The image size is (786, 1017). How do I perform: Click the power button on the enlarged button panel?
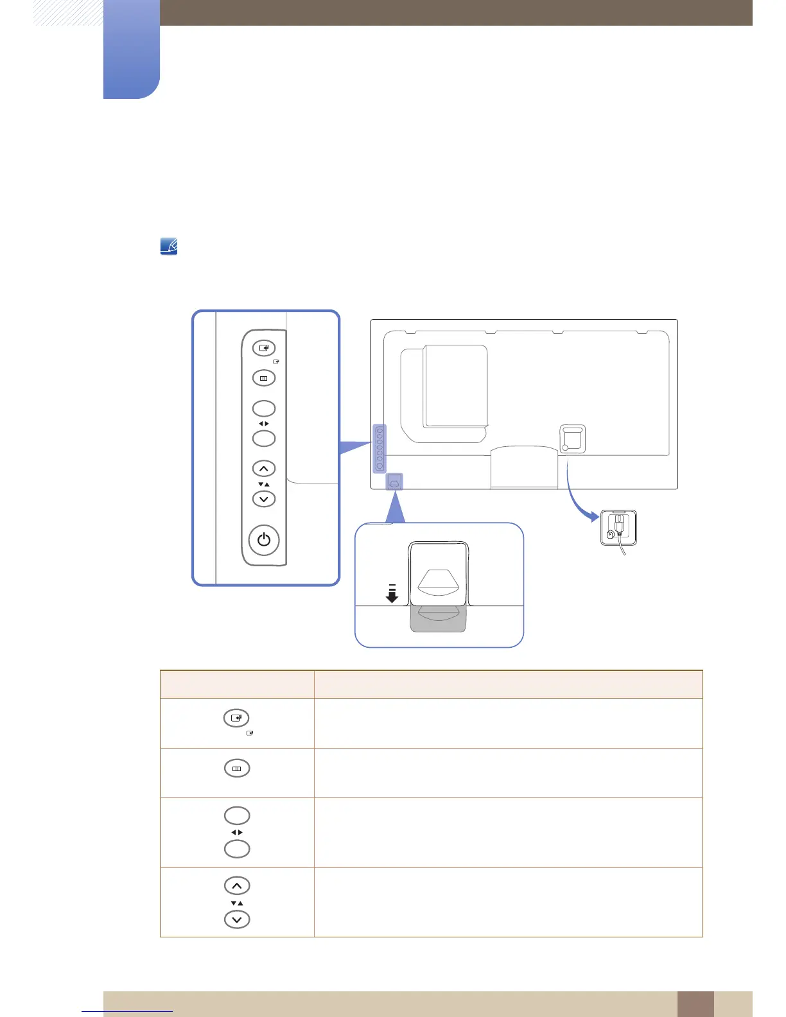point(264,539)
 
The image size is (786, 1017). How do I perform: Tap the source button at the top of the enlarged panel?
point(264,348)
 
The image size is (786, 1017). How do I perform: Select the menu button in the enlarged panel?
point(264,378)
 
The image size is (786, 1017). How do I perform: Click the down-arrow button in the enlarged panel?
point(264,499)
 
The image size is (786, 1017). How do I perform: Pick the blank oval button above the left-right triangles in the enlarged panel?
point(264,408)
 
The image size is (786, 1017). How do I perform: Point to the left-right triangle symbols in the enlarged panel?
point(264,424)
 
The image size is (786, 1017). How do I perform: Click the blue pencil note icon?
point(169,247)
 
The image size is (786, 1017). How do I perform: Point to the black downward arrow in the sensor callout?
point(392,595)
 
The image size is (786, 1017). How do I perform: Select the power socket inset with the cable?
point(618,528)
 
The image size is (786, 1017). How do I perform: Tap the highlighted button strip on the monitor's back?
point(380,448)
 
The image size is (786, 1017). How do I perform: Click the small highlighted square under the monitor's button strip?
point(394,482)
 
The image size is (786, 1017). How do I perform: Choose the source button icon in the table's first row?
point(236,718)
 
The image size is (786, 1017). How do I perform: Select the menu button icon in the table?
point(237,769)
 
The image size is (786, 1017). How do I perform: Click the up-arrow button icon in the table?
point(237,886)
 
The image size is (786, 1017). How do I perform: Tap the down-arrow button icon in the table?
point(237,919)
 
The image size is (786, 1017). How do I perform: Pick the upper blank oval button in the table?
point(237,815)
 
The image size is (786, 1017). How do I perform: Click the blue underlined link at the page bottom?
point(128,1011)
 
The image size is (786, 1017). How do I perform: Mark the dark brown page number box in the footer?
point(695,1004)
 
